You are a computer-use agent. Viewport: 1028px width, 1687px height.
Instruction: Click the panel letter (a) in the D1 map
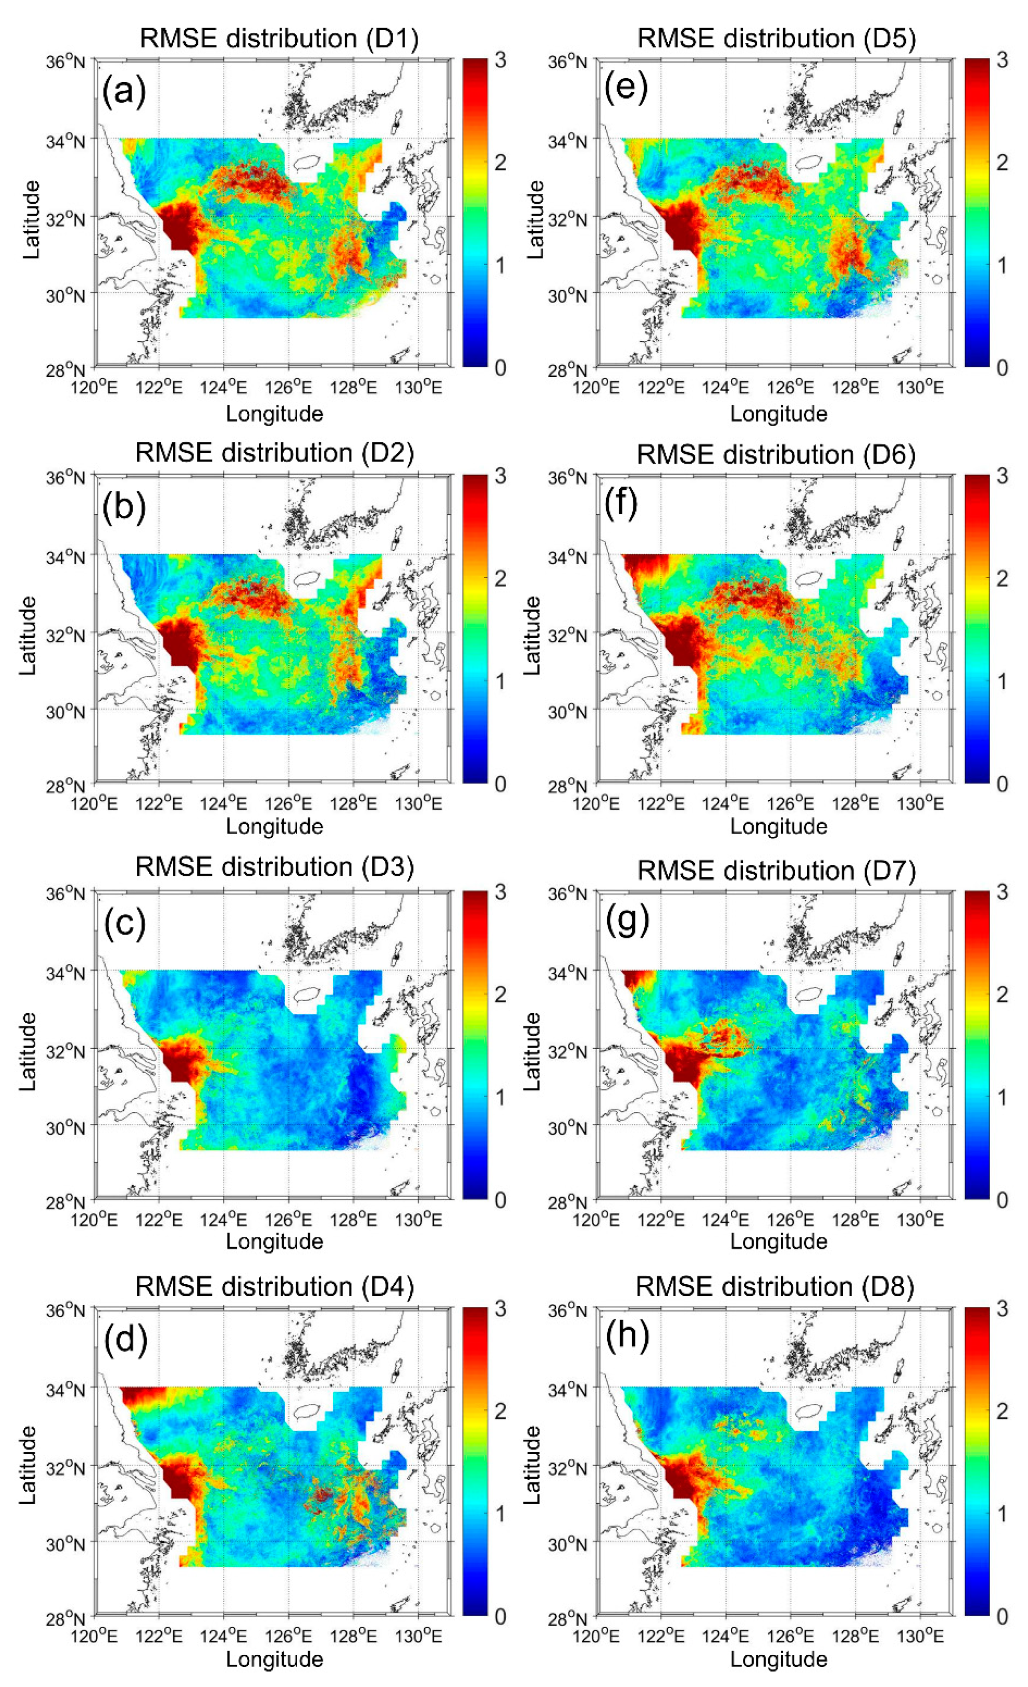click(124, 91)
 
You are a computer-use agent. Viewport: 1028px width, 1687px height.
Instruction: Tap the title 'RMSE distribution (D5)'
click(776, 38)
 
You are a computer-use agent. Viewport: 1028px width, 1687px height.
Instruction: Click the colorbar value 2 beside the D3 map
click(501, 994)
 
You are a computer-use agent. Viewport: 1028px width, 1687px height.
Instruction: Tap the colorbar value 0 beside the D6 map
click(1002, 784)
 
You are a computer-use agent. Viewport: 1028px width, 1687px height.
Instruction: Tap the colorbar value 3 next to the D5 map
click(1002, 60)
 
